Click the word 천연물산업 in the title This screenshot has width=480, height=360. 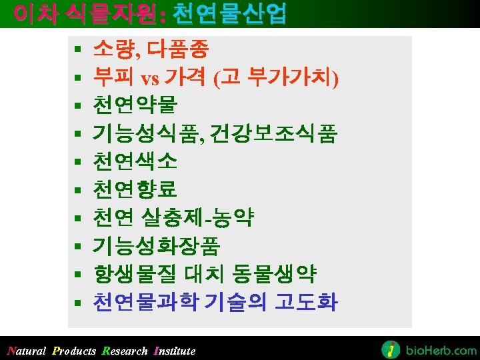tap(229, 13)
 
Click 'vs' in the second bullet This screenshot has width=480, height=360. tap(150, 78)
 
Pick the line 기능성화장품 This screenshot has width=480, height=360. tap(157, 246)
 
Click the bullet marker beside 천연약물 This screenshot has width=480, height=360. tap(77, 106)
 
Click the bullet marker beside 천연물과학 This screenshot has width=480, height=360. tap(77, 303)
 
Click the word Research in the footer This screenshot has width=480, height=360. tap(125, 351)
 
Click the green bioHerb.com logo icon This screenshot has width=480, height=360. tap(391, 349)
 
